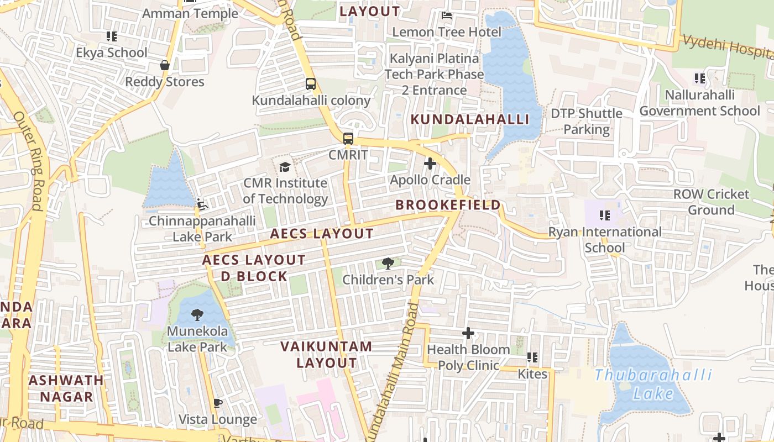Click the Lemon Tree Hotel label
[x=446, y=32]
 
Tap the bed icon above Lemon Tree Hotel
[x=447, y=15]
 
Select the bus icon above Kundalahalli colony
[x=311, y=84]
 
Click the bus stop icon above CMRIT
[x=348, y=139]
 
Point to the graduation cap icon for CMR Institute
[x=285, y=167]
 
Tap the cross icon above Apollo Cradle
[x=430, y=164]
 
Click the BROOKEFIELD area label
[x=448, y=205]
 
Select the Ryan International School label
[x=604, y=239]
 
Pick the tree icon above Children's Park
[x=388, y=264]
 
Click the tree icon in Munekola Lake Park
[x=197, y=315]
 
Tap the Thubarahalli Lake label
[x=653, y=385]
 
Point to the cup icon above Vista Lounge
[x=217, y=403]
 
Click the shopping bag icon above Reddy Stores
[x=164, y=65]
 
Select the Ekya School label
[x=112, y=53]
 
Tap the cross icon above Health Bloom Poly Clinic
[x=468, y=333]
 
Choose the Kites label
[x=532, y=374]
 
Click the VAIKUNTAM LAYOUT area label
[x=326, y=355]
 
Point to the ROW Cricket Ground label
[x=711, y=202]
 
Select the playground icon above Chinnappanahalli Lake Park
[x=202, y=205]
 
